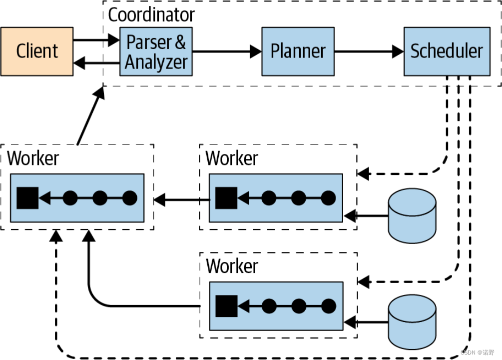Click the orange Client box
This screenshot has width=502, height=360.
click(37, 51)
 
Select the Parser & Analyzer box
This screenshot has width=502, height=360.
click(156, 51)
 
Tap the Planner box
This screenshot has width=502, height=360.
click(298, 51)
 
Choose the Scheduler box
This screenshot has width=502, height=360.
click(447, 51)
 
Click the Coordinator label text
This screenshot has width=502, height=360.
click(151, 14)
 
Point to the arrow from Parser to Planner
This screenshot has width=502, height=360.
click(227, 51)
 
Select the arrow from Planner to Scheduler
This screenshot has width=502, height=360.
click(369, 51)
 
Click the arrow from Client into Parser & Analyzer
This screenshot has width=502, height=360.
click(96, 40)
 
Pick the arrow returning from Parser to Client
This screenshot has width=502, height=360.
click(96, 63)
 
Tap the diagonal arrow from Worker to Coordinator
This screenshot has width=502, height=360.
click(90, 116)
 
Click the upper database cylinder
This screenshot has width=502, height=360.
click(412, 215)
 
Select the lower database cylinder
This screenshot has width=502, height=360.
click(412, 322)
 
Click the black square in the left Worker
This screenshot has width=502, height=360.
click(27, 198)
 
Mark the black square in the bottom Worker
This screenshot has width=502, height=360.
click(226, 306)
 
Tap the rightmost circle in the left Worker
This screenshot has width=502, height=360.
click(130, 198)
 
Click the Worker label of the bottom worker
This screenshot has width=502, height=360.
click(232, 266)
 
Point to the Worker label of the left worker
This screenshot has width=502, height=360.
click(33, 158)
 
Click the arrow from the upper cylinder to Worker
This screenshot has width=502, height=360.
click(366, 215)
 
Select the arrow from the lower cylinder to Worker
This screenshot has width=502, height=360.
click(366, 322)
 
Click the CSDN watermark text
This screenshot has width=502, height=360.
click(478, 352)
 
